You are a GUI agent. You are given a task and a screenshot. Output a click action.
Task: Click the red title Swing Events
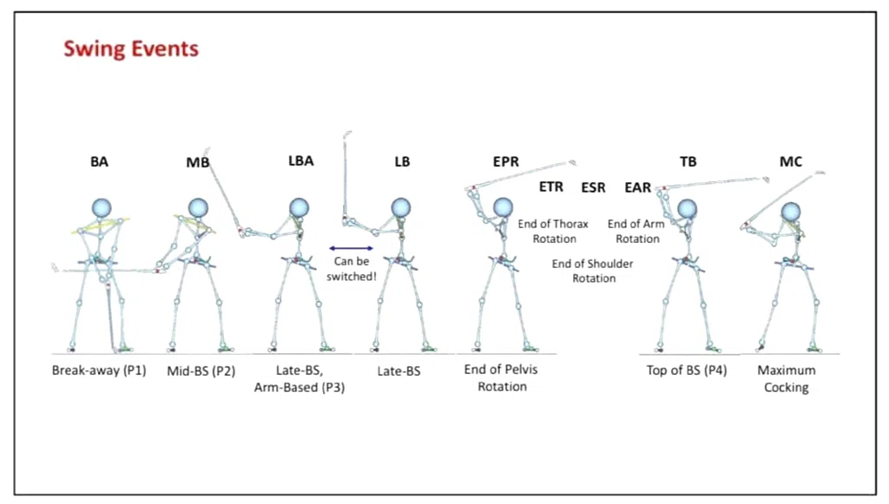pos(131,49)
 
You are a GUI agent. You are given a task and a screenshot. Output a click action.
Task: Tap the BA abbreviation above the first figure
pos(99,162)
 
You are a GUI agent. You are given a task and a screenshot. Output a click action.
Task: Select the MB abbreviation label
pos(198,162)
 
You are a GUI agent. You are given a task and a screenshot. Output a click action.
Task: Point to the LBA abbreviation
pos(301,160)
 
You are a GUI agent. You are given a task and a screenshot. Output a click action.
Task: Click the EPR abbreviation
pos(506,162)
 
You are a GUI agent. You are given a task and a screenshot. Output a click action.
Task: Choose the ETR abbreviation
pos(551,187)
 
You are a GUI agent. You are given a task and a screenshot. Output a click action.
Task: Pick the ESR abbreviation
pos(593,187)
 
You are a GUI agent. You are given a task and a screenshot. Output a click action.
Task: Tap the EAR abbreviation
pos(638,187)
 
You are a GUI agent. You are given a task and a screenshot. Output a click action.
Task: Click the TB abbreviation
pos(688,162)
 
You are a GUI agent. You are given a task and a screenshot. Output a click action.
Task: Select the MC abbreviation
pos(791,162)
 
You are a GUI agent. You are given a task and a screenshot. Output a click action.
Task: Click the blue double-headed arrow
pos(352,248)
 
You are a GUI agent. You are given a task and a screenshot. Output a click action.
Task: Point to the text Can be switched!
pos(352,269)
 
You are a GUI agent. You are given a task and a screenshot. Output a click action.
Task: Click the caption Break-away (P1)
pos(99,370)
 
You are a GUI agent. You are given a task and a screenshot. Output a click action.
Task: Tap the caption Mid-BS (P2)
pos(201,371)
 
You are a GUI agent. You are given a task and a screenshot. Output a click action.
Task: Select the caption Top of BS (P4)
pos(687,370)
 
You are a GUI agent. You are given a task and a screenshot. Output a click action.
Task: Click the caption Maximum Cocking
pos(787,379)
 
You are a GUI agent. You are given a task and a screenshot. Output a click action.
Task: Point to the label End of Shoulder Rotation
pos(592,271)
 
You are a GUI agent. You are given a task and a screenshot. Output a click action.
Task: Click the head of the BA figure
pos(102,208)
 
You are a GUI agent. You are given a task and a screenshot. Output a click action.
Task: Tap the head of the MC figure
pos(791,213)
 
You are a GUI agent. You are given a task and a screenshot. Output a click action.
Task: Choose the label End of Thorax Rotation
pos(553,231)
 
